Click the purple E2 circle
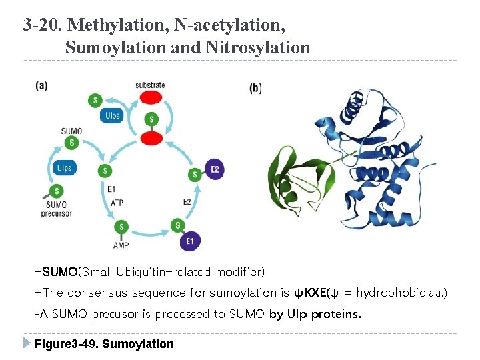click(x=215, y=169)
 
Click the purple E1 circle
click(x=190, y=241)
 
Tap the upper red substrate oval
click(x=151, y=98)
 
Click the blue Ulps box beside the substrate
click(x=113, y=115)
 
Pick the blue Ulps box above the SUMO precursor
click(x=64, y=168)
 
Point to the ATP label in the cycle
click(x=117, y=202)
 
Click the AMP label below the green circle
click(x=121, y=245)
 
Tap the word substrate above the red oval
click(x=150, y=85)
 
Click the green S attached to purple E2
click(x=195, y=175)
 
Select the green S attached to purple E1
click(x=178, y=225)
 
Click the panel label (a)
click(x=42, y=85)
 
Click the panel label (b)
click(x=255, y=87)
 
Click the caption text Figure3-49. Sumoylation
click(x=104, y=344)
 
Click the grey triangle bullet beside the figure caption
click(x=26, y=343)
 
